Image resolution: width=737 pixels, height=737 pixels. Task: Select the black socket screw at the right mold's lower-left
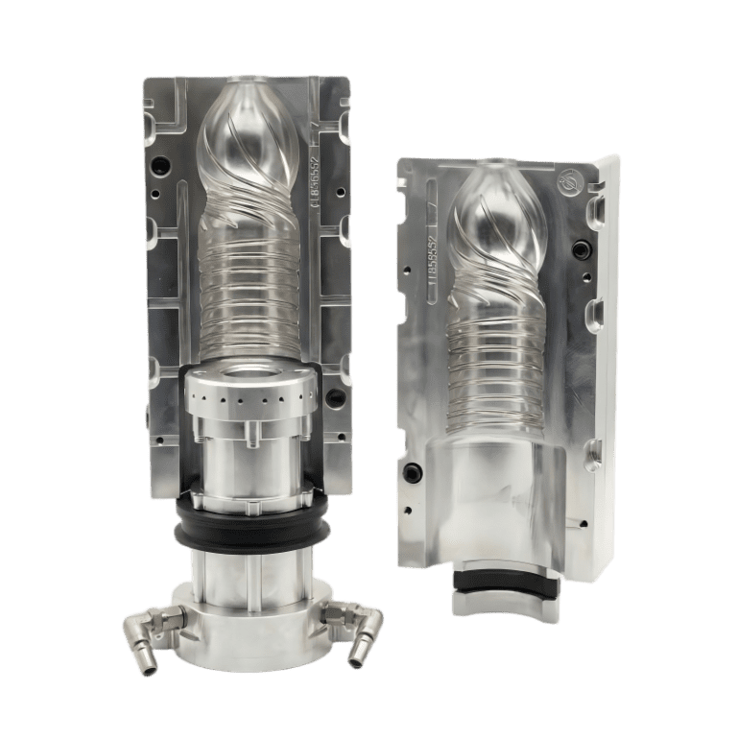point(414,471)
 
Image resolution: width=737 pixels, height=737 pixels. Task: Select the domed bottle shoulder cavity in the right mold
point(499,211)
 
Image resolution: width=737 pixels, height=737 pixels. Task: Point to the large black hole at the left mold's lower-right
point(332,394)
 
